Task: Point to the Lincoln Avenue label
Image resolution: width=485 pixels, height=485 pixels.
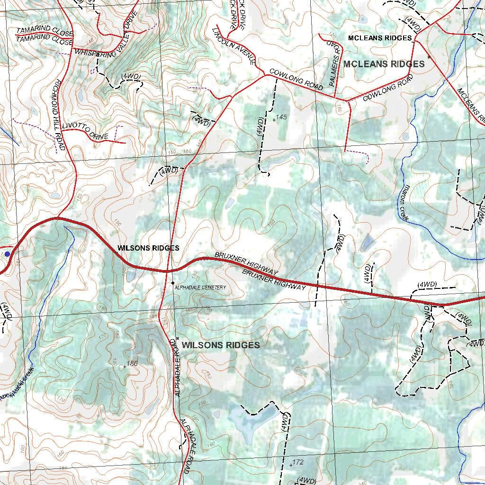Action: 234,46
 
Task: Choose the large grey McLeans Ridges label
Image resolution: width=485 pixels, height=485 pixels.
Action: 384,64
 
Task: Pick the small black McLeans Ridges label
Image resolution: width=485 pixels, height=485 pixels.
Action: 379,38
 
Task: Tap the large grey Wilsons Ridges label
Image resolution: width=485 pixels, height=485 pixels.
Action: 221,345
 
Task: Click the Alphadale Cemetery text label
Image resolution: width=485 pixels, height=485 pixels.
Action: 200,287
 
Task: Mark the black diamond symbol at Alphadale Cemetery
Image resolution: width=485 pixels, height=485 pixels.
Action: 172,283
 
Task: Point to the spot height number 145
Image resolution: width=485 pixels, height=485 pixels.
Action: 281,117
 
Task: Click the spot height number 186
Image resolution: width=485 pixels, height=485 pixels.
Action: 132,364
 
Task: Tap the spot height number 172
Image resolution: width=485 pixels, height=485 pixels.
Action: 298,462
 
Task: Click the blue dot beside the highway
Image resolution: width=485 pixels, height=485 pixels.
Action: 7,254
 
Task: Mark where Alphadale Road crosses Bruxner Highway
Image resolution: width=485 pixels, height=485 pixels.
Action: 168,271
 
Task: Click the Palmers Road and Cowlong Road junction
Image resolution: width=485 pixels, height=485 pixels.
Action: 335,98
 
